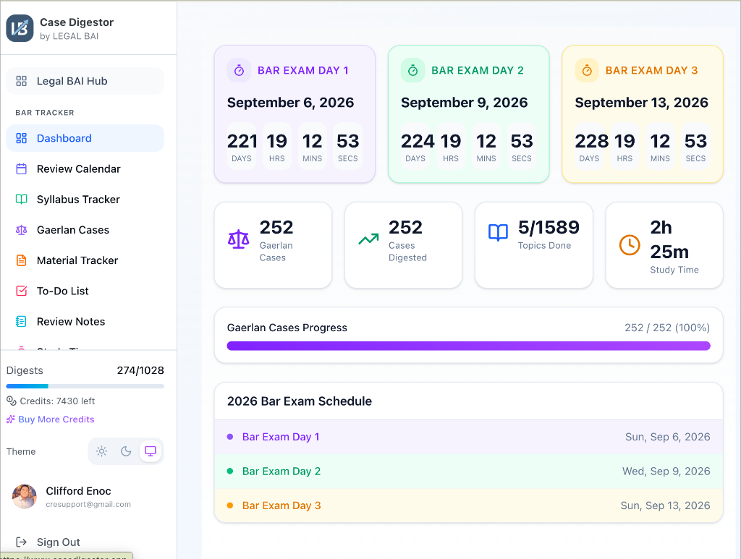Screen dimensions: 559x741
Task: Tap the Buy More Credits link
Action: [x=56, y=419]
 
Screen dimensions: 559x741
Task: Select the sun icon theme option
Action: [x=101, y=451]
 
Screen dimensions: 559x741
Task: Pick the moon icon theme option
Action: [x=126, y=451]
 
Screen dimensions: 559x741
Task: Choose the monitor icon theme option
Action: [x=151, y=451]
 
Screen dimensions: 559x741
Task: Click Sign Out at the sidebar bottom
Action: [x=58, y=542]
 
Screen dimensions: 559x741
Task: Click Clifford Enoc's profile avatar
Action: [x=25, y=496]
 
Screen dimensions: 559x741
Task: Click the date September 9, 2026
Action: [x=464, y=103]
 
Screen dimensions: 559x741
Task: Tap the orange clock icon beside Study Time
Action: [x=630, y=245]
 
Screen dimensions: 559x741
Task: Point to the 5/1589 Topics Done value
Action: [x=549, y=228]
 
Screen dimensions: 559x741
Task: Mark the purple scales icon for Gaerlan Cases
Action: [x=238, y=239]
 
